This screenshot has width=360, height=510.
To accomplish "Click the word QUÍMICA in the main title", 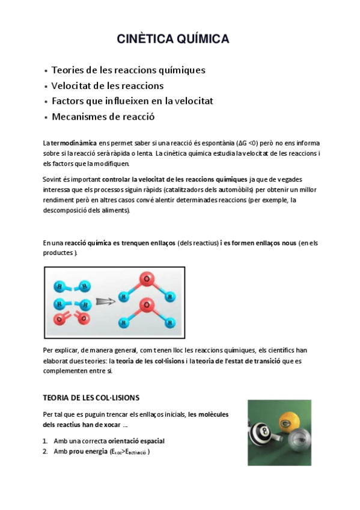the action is (x=200, y=40).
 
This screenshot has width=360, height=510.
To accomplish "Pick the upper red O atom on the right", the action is (x=145, y=278).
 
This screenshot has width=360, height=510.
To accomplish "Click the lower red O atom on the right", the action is (x=144, y=307).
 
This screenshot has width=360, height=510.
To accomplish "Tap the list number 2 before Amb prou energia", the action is (x=45, y=452).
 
